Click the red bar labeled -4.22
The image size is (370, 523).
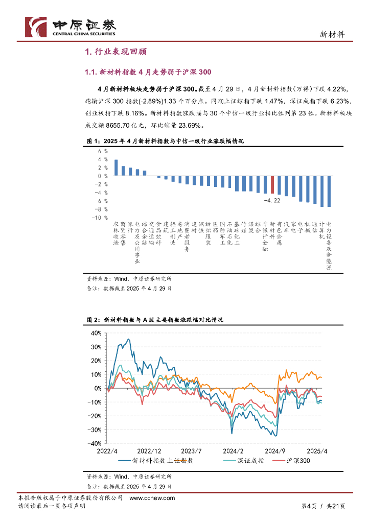coord(272,184)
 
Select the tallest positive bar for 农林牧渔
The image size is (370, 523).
coord(116,168)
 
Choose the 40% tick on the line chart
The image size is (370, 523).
coord(96,332)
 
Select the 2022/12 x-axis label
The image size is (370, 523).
coord(149,451)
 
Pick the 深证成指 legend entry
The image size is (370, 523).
coord(250,461)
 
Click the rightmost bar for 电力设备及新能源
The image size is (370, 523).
coord(329,192)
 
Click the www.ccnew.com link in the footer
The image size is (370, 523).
coord(152,498)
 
